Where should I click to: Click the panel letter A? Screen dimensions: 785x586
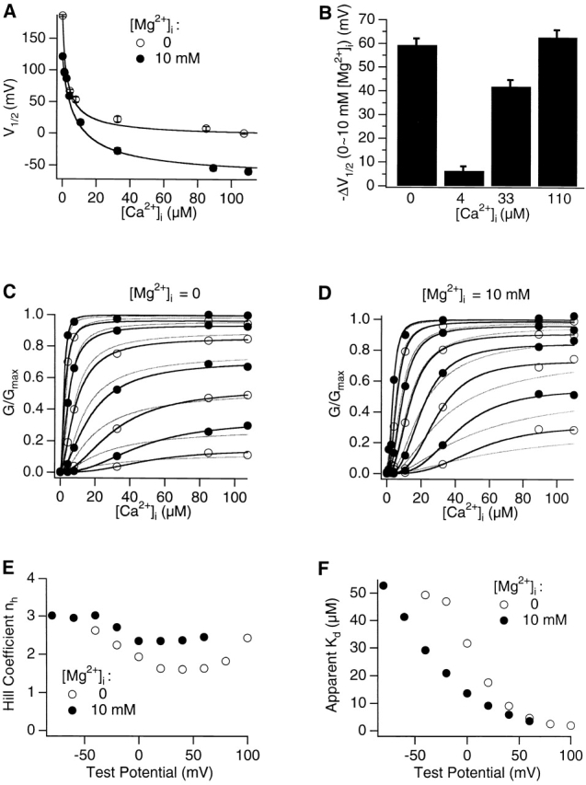11,8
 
